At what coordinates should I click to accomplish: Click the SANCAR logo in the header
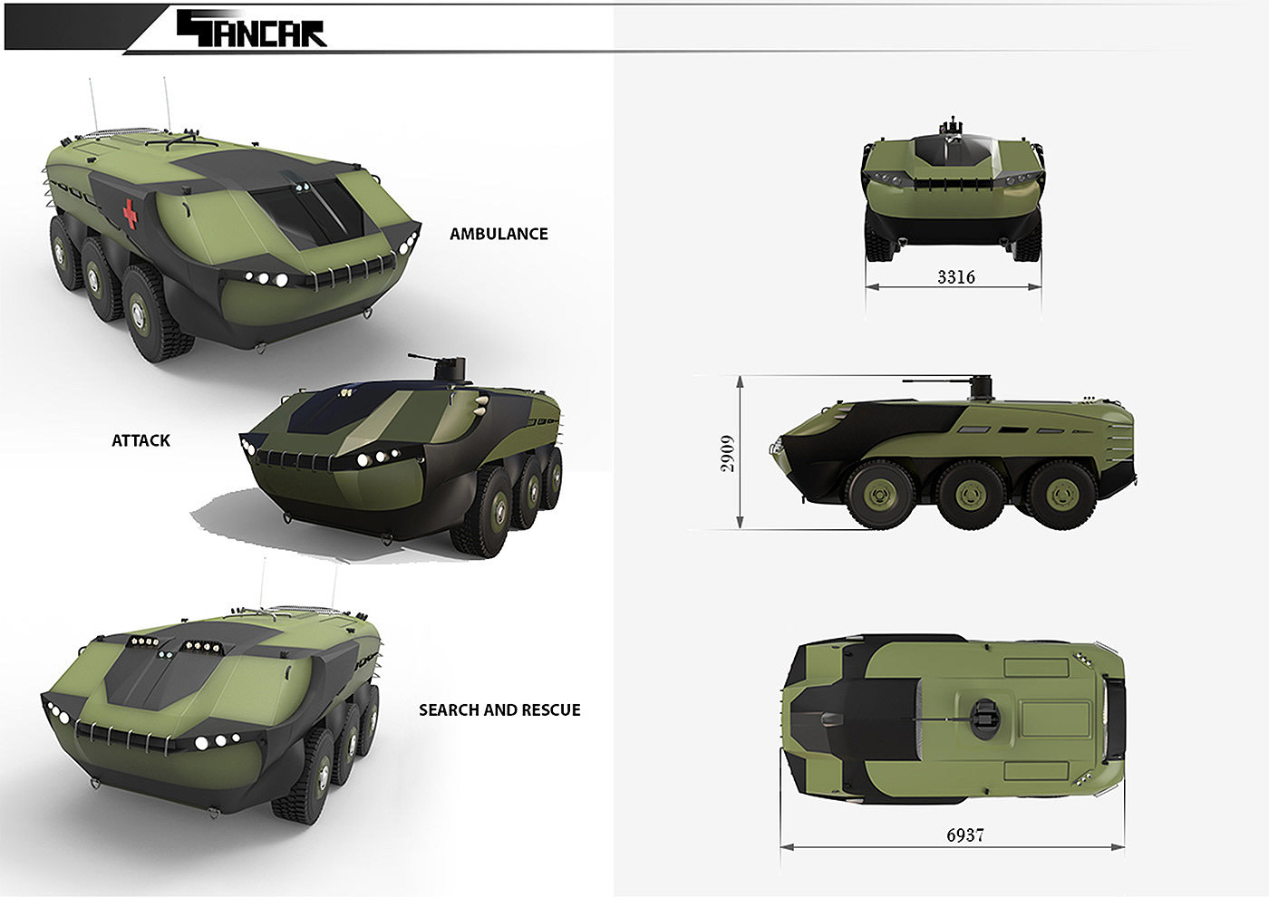(x=252, y=28)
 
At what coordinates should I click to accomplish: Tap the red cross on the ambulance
(x=131, y=214)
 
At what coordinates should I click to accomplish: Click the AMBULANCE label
(x=499, y=234)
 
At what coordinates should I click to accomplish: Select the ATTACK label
(x=140, y=440)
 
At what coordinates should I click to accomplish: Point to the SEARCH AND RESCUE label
(x=499, y=710)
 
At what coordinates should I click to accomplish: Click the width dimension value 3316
(x=955, y=277)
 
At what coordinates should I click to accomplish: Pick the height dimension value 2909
(x=727, y=454)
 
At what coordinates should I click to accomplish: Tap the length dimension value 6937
(x=964, y=834)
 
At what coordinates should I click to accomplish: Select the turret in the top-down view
(x=986, y=719)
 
